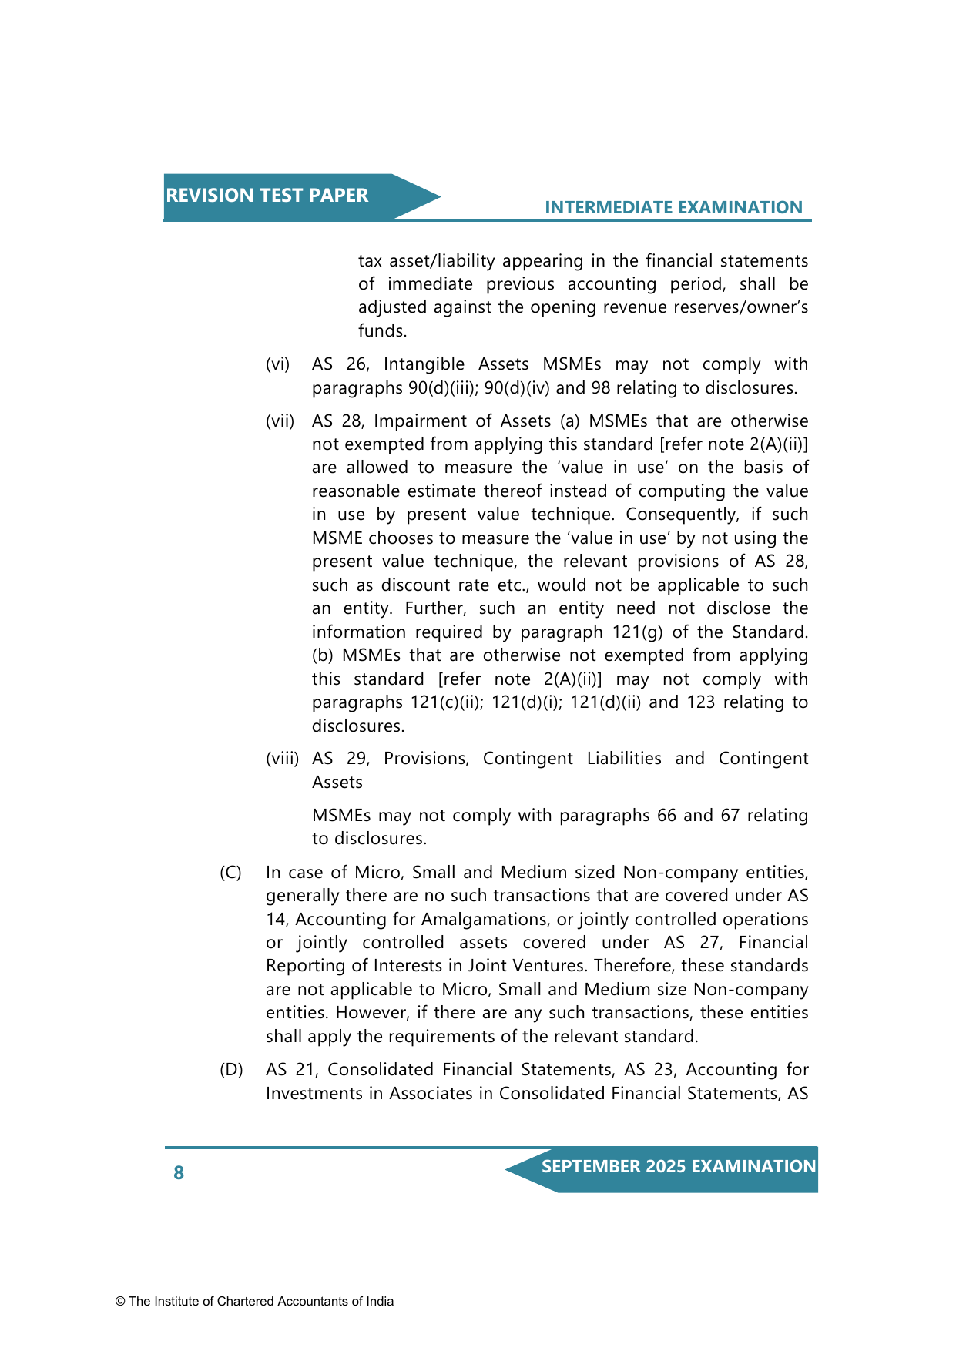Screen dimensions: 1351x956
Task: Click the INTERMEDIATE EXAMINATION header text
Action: pyautogui.click(x=673, y=207)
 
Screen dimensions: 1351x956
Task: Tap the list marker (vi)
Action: pyautogui.click(x=277, y=364)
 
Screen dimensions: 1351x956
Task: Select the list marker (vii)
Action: pyautogui.click(x=280, y=421)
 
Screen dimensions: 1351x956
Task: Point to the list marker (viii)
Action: pyautogui.click(x=282, y=759)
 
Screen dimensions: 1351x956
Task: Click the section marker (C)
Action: pyautogui.click(x=230, y=873)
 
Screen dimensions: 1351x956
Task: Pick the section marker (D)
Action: pyautogui.click(x=231, y=1070)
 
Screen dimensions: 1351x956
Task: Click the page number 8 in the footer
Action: pyautogui.click(x=179, y=1173)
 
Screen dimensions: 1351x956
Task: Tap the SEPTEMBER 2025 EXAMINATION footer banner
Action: pyautogui.click(x=678, y=1167)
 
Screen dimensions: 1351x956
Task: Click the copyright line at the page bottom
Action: pyautogui.click(x=254, y=1302)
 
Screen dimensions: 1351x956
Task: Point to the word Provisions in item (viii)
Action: pyautogui.click(x=425, y=759)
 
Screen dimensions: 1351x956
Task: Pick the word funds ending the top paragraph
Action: pyautogui.click(x=382, y=331)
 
